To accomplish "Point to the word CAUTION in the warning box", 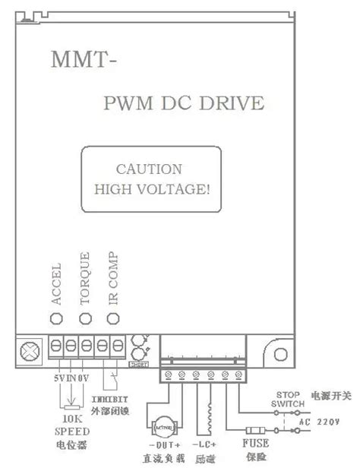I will (149, 169).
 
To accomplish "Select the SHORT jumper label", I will (138, 365).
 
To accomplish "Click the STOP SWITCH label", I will (289, 400).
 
